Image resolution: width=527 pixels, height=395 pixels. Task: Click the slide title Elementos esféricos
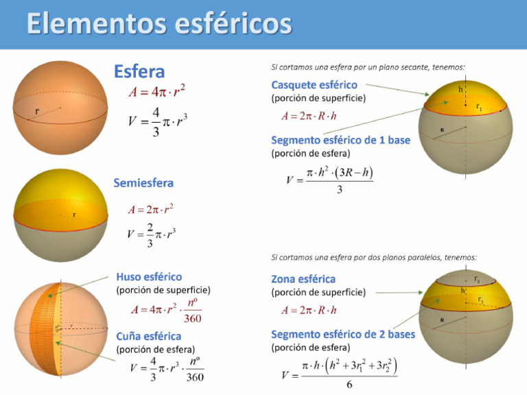(159, 25)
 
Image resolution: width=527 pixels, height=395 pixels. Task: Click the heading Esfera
(139, 71)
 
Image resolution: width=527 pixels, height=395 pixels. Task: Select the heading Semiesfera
(143, 183)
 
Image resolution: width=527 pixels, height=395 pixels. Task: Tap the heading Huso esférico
(149, 277)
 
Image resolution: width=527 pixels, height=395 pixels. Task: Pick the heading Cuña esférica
(149, 336)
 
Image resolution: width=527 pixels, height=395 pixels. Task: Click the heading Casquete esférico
(314, 85)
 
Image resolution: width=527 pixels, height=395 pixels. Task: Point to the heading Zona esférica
(303, 279)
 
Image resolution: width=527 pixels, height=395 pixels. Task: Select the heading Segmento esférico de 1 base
(341, 140)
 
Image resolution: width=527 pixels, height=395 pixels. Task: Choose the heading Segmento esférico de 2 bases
(343, 335)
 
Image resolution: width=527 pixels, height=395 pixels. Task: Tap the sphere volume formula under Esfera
(158, 121)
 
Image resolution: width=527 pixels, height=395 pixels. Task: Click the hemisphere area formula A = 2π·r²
(150, 209)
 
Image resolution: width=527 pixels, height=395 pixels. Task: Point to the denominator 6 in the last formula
(349, 385)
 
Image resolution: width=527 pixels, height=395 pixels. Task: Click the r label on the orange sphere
(37, 110)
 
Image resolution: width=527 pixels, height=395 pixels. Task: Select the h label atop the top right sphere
(460, 89)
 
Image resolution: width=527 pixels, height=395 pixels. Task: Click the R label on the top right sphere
(441, 130)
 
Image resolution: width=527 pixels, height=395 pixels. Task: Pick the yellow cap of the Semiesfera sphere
(60, 195)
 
